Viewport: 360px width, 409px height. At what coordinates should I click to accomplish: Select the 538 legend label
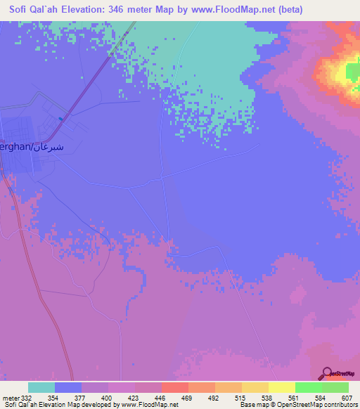[x=269, y=399]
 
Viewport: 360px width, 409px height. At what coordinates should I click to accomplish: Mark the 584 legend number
[x=322, y=399]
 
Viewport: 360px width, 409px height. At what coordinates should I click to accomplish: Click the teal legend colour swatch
[x=41, y=387]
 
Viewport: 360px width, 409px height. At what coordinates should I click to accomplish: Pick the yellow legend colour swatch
[x=282, y=387]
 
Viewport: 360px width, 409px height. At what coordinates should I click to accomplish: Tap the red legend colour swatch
[x=174, y=387]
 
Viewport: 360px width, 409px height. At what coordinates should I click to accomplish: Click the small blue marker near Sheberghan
[x=61, y=118]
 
